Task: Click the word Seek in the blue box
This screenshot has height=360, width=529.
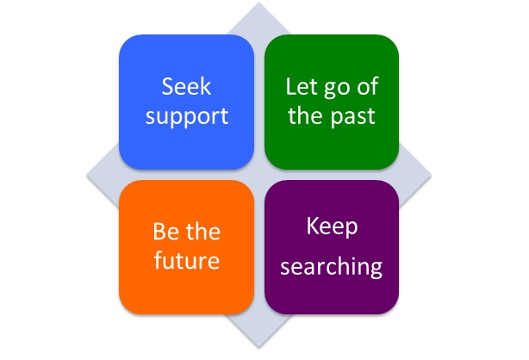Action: (186, 86)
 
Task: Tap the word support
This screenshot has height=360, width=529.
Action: (187, 117)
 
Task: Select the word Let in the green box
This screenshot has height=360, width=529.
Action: (302, 86)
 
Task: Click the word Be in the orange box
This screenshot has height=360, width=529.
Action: (165, 232)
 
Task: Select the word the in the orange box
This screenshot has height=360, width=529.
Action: (202, 231)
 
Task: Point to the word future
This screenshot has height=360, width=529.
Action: (187, 260)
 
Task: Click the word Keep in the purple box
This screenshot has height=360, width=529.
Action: (332, 227)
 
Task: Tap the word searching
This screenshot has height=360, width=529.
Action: (332, 266)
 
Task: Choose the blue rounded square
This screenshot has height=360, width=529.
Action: (187, 102)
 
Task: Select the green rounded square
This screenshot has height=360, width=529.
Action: (332, 102)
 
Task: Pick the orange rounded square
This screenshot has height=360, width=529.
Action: (187, 247)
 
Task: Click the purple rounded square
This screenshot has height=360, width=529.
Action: (332, 247)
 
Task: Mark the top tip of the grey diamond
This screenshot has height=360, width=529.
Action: (258, 3)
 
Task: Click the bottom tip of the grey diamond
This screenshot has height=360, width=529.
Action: (258, 347)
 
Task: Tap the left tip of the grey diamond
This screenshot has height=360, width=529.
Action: (87, 175)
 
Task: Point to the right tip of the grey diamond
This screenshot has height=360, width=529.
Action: (431, 175)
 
